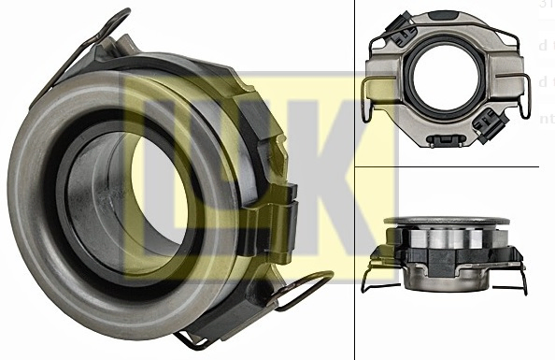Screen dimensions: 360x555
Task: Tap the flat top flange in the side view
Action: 447,221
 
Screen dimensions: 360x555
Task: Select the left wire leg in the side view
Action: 372,272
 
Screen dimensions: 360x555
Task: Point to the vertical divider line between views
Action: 355,187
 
